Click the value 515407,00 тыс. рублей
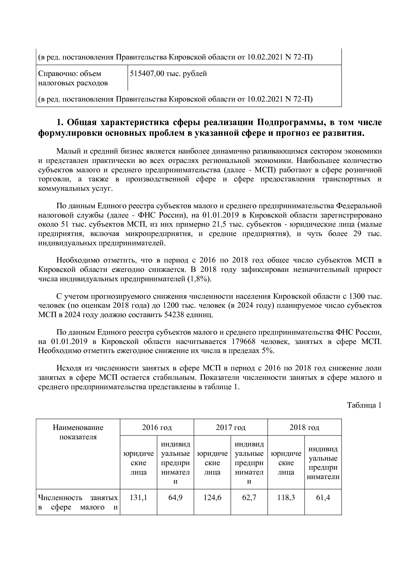(168, 74)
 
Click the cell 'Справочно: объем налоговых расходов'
(73, 79)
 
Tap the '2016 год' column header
(157, 427)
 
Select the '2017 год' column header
(231, 427)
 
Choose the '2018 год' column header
(304, 427)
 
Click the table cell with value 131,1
(138, 497)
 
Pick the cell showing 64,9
(175, 497)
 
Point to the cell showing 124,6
(212, 497)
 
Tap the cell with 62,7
(249, 497)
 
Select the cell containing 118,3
(286, 497)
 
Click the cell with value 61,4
(323, 497)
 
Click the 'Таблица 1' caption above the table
(364, 405)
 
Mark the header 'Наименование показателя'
(78, 432)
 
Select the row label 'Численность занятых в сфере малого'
(78, 502)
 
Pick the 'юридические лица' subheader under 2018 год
(286, 463)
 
